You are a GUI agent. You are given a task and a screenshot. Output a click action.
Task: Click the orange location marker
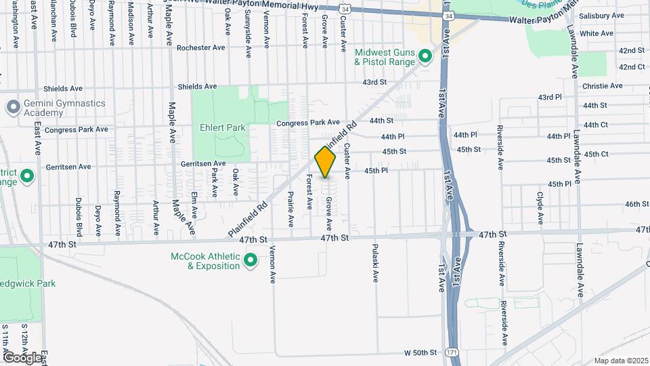[x=326, y=162]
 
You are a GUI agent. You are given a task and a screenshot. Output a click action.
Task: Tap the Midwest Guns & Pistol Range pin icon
[x=425, y=56]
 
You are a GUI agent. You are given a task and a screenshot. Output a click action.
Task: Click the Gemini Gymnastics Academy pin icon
[x=13, y=107]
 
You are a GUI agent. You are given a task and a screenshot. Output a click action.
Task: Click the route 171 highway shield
[x=452, y=352]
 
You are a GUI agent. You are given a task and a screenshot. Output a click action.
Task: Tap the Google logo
[x=22, y=357]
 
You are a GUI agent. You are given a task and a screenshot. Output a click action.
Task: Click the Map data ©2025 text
[x=620, y=361]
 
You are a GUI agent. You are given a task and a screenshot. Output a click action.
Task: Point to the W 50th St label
[x=421, y=352]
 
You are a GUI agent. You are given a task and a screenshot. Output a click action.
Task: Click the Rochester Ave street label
[x=200, y=48]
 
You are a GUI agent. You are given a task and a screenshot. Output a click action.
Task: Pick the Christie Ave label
[x=603, y=86]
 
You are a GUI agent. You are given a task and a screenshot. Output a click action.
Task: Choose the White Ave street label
[x=597, y=33]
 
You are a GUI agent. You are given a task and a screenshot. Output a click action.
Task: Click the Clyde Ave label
[x=540, y=209]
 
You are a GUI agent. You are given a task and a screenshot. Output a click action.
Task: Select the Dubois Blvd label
[x=79, y=214]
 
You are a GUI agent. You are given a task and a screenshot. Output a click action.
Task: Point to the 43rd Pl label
[x=550, y=98]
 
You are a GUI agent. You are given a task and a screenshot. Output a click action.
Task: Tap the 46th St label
[x=636, y=204]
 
